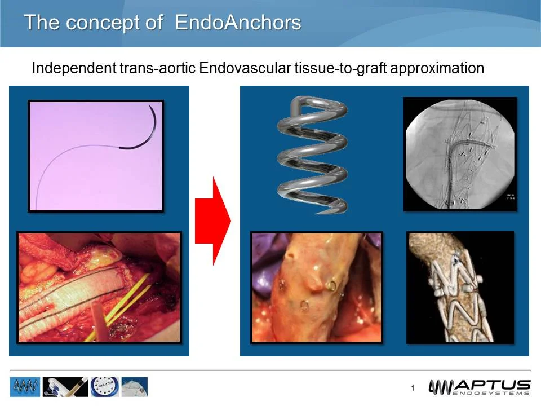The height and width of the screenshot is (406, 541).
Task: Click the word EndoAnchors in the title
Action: click(x=238, y=23)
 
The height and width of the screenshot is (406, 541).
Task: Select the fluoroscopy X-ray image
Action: click(x=460, y=154)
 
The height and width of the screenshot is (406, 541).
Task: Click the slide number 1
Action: click(x=413, y=388)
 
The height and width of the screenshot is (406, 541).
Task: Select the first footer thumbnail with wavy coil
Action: click(x=25, y=387)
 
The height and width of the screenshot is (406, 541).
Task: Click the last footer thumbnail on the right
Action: click(x=135, y=387)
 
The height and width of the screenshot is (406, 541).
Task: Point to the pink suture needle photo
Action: click(x=96, y=156)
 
